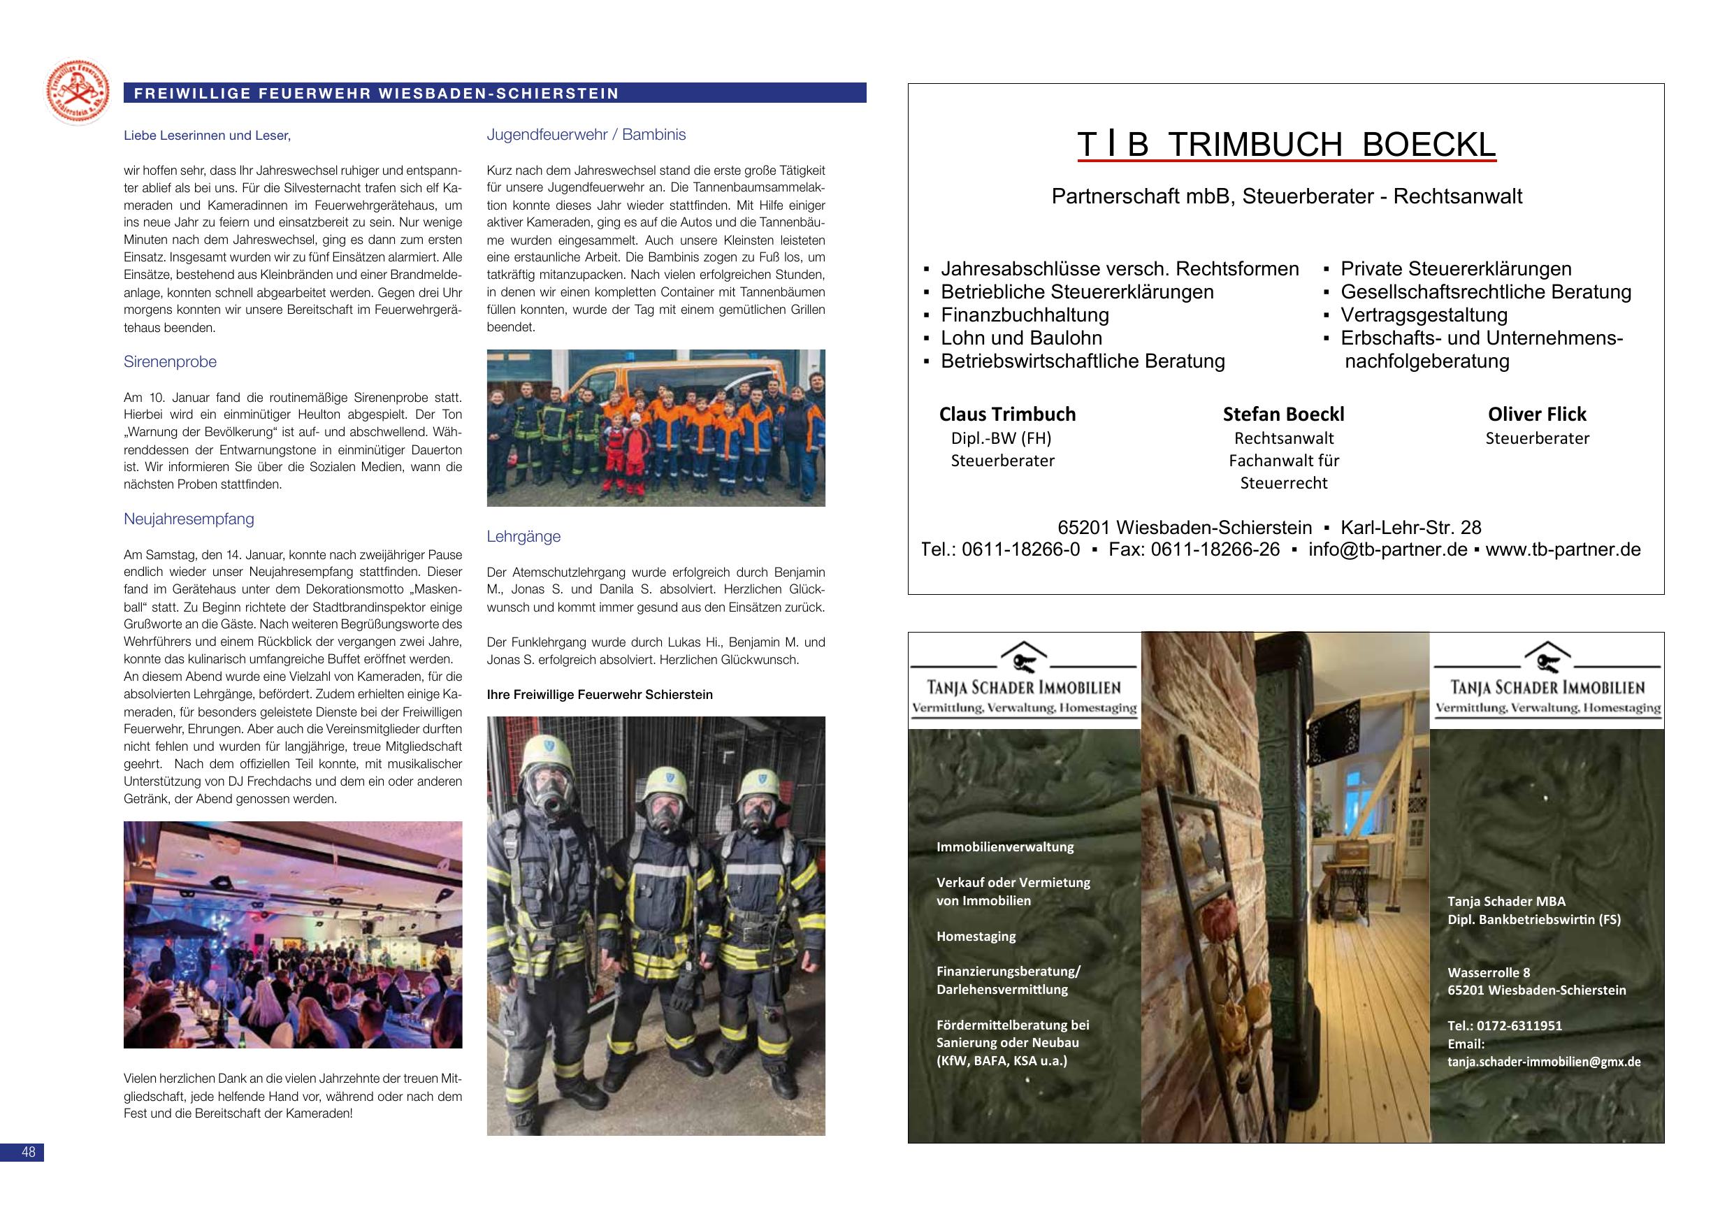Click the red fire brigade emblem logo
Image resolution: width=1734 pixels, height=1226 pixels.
coord(77,92)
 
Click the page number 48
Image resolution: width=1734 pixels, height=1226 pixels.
coord(28,1152)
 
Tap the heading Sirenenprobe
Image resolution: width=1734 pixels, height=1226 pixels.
coord(170,362)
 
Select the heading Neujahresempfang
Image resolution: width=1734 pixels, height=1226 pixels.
coord(189,519)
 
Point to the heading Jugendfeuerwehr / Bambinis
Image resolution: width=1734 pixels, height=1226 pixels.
coord(586,134)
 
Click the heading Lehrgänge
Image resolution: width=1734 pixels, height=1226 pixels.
coord(523,536)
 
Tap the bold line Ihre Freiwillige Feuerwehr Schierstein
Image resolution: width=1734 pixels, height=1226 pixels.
coord(600,694)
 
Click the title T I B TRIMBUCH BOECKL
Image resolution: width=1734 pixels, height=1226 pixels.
coord(1286,144)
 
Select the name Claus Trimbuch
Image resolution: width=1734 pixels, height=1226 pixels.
coord(1006,414)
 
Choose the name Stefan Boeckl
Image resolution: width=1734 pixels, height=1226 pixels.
coord(1283,414)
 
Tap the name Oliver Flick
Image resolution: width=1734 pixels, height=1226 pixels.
coord(1536,414)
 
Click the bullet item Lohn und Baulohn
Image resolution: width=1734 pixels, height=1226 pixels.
coord(1021,338)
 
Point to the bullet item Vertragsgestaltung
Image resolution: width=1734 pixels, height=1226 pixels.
coord(1424,315)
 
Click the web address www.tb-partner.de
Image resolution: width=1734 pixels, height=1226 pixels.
coord(1563,549)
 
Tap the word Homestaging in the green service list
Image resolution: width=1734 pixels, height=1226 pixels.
coord(976,936)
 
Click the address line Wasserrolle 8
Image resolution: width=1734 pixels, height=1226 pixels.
coord(1489,972)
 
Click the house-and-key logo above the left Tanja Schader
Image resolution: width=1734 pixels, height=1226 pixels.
coord(1024,658)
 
